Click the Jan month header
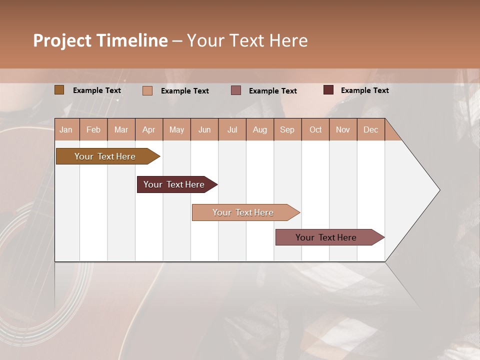click(66, 129)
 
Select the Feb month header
click(93, 129)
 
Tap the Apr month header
click(148, 129)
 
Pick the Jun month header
click(204, 129)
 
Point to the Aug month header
click(259, 129)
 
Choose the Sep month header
click(287, 129)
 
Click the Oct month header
click(315, 129)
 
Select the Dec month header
click(370, 129)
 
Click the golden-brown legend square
click(59, 90)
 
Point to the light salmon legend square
click(147, 90)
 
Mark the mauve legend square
click(236, 90)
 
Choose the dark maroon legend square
click(328, 90)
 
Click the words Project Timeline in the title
click(100, 40)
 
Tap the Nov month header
click(343, 129)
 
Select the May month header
click(176, 129)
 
